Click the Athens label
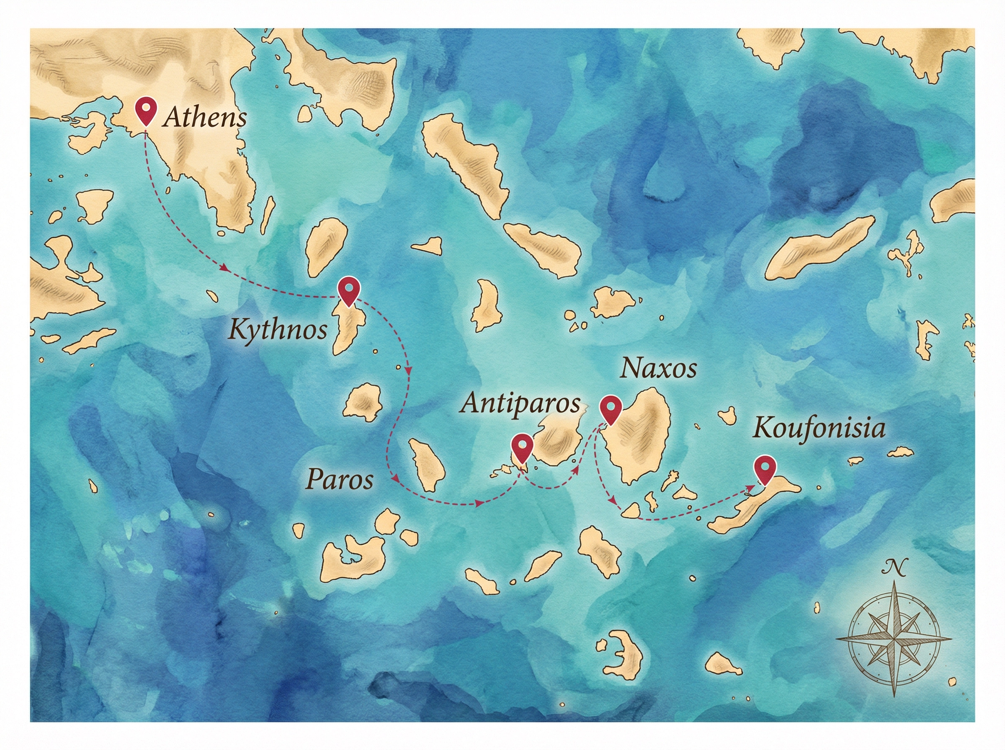click(x=205, y=118)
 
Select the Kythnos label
click(x=278, y=330)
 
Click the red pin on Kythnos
click(x=349, y=290)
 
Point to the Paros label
click(x=340, y=479)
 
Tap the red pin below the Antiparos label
click(x=522, y=447)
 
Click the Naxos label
click(x=658, y=368)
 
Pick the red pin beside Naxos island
click(x=610, y=408)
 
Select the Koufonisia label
click(x=819, y=428)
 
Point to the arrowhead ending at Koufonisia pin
click(x=748, y=488)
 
